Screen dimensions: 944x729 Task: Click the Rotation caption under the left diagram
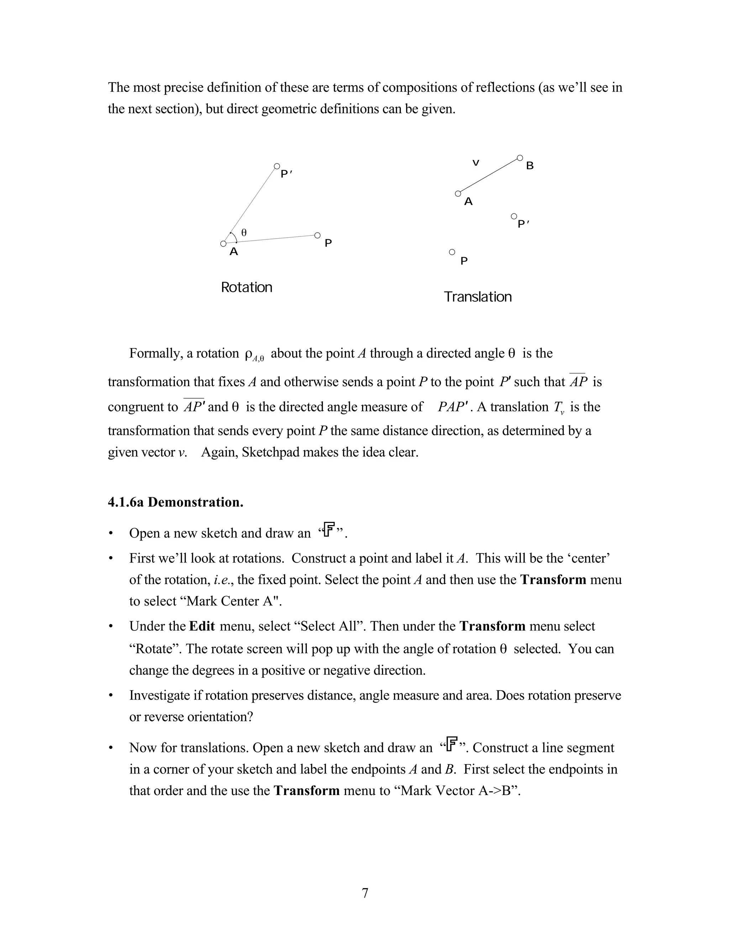click(x=246, y=287)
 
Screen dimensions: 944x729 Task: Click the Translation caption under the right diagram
click(x=477, y=297)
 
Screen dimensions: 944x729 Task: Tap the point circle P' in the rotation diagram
click(x=277, y=166)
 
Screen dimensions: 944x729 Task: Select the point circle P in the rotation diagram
click(x=317, y=235)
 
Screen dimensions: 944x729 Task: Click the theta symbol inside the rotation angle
click(x=244, y=233)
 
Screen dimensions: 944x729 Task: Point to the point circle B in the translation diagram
click(x=520, y=158)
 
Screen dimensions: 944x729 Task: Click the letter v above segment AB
click(x=476, y=163)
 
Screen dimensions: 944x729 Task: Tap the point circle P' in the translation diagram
click(x=514, y=216)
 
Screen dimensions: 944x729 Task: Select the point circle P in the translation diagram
click(x=452, y=251)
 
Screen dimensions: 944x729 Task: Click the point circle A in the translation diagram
click(x=458, y=194)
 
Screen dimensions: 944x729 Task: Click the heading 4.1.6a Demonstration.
click(x=175, y=502)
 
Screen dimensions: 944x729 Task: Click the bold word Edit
click(x=202, y=626)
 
